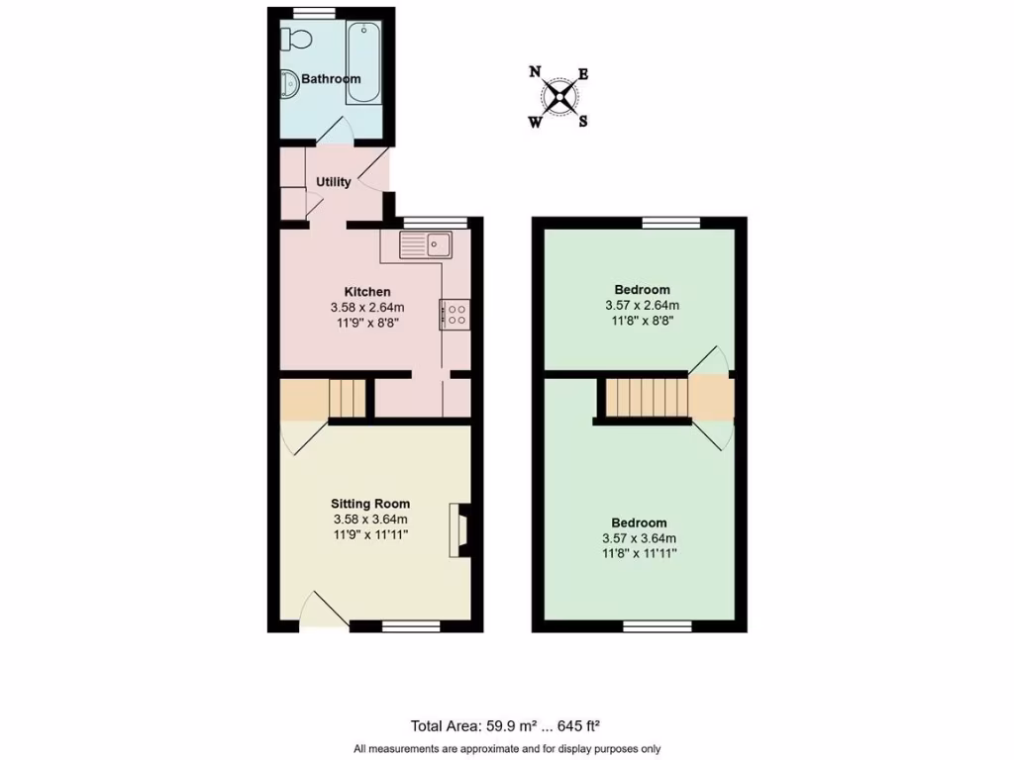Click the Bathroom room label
[x=331, y=78]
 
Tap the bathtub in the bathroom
[x=363, y=64]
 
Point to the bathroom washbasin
[x=288, y=85]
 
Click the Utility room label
[x=334, y=182]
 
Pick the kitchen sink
[x=426, y=242]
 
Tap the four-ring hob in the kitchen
[x=455, y=315]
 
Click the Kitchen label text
[x=366, y=292]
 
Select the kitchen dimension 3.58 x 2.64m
[x=366, y=308]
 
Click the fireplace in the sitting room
[x=460, y=531]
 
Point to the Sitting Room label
[x=370, y=504]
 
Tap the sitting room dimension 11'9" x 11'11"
[x=370, y=534]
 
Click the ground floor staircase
[x=347, y=398]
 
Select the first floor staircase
[x=647, y=397]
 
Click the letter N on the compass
[x=535, y=71]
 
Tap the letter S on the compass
[x=583, y=122]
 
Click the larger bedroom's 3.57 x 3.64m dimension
[x=639, y=538]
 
